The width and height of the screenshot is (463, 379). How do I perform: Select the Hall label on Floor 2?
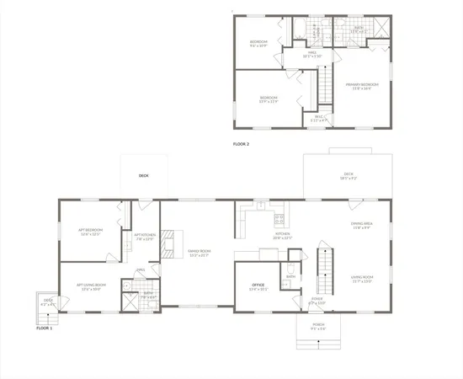(313, 53)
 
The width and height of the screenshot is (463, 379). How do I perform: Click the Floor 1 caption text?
(45, 328)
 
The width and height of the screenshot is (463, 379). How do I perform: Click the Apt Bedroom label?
(90, 233)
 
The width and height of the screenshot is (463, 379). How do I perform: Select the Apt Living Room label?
(89, 286)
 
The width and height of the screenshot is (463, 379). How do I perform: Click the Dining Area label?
(362, 224)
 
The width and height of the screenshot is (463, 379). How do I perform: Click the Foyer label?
(317, 300)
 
